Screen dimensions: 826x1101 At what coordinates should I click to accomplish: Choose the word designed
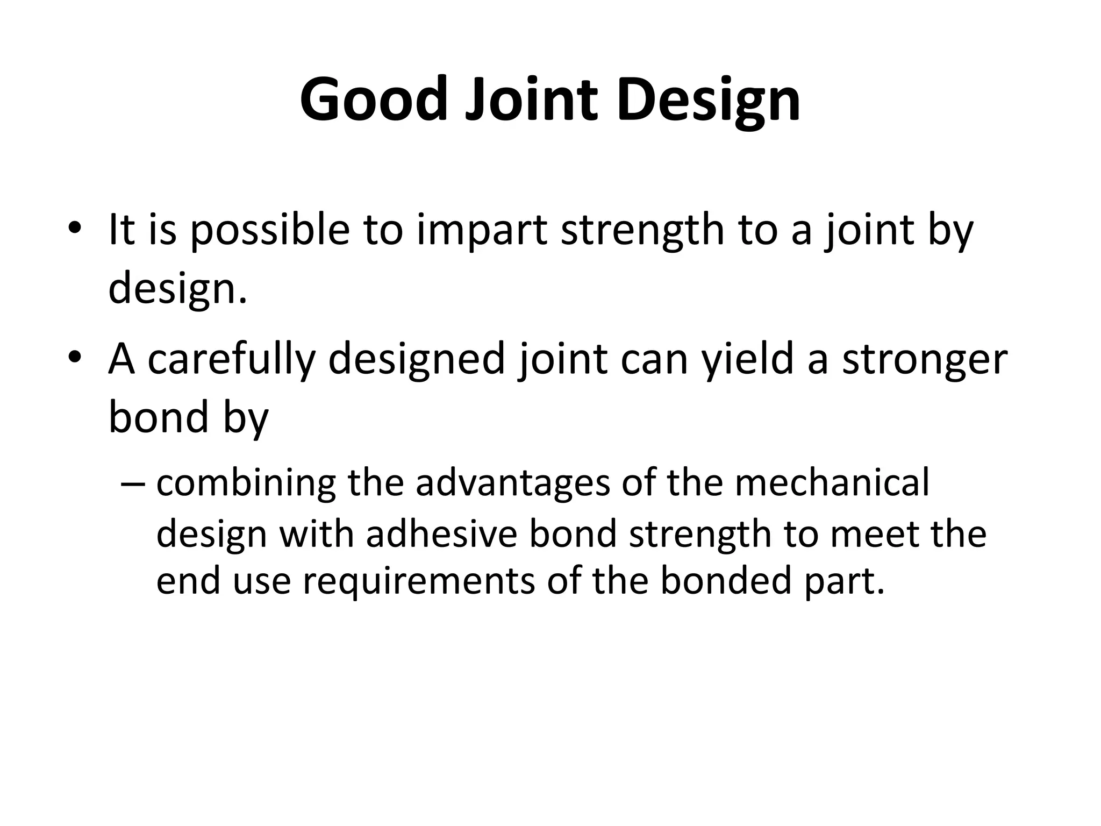(x=417, y=359)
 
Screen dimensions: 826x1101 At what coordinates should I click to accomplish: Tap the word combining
(x=246, y=483)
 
